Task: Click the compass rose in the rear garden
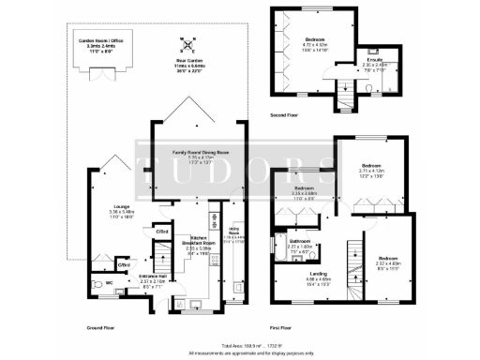point(189,43)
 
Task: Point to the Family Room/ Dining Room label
point(195,157)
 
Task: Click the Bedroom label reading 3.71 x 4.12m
point(374,172)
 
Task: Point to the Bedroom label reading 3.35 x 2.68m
point(305,193)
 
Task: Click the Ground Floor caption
point(101,327)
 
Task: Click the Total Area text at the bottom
point(240,345)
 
